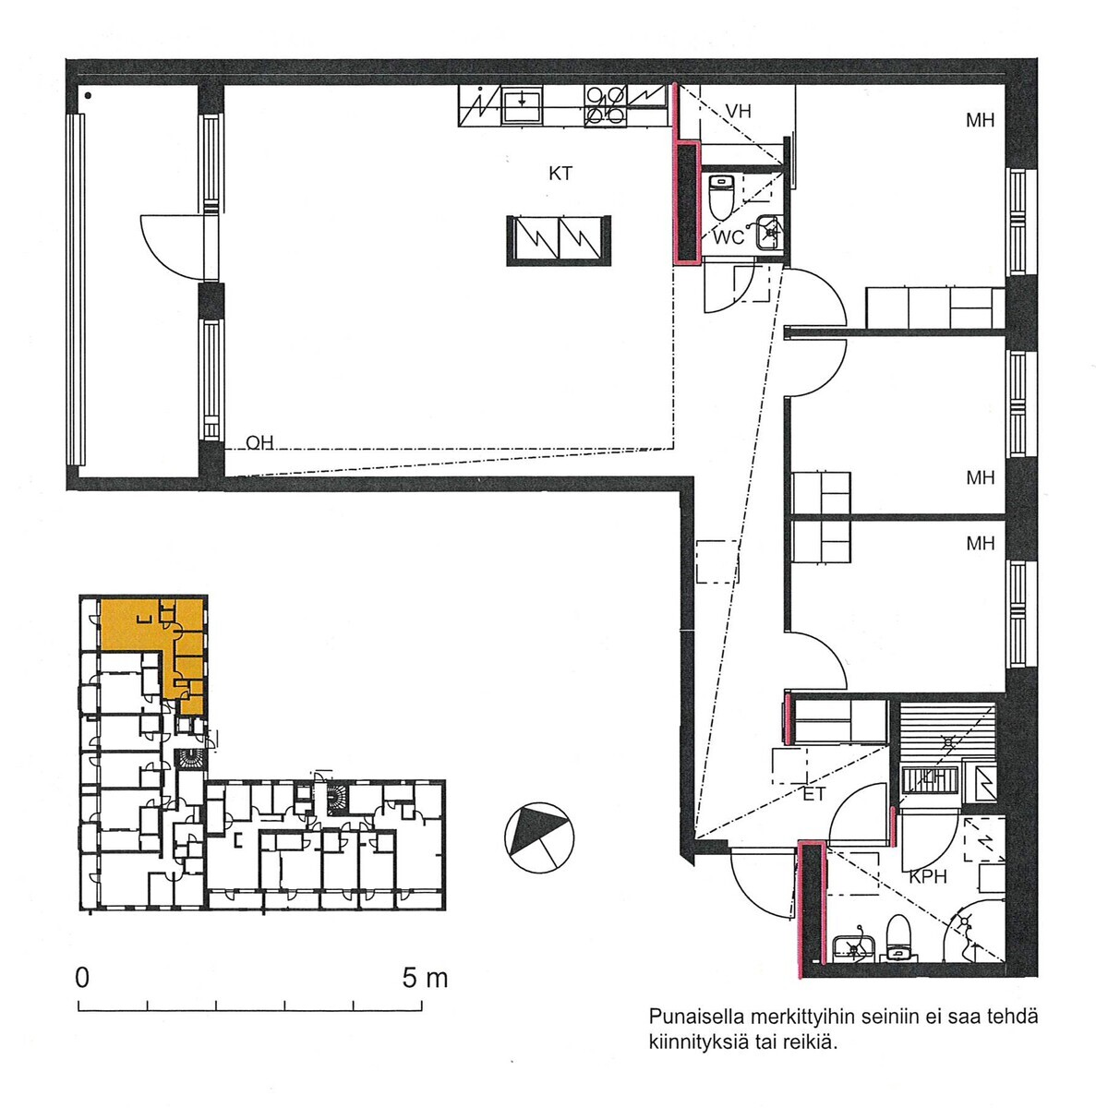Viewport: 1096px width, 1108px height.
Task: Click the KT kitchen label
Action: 560,173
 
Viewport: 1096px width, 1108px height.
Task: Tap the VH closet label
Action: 738,111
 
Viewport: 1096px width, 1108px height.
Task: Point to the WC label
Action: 729,237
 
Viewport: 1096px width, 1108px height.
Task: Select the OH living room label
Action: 259,442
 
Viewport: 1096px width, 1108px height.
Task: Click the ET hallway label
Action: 813,794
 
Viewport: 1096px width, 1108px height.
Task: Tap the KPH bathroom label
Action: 928,877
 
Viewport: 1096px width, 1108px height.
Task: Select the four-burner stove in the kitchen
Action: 605,105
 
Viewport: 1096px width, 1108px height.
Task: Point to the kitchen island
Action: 559,240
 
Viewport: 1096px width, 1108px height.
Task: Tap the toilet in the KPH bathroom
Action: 897,938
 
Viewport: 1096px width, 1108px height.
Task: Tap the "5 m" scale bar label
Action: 425,978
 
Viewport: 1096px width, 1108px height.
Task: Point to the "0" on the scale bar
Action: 82,978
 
